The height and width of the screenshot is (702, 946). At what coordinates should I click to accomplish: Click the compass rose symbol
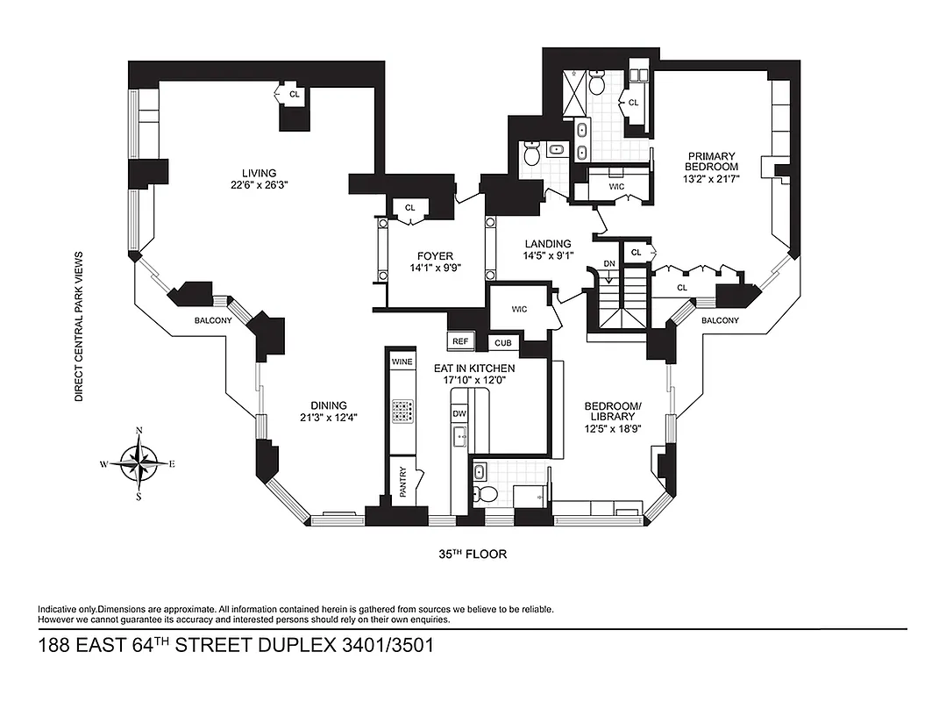tap(139, 462)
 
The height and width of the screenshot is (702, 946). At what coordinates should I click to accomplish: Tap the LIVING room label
tap(260, 173)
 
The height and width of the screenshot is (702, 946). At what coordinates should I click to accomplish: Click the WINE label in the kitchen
tap(402, 362)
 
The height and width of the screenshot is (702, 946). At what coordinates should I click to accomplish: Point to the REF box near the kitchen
tap(459, 341)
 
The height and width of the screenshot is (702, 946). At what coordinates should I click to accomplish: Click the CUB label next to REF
tap(503, 343)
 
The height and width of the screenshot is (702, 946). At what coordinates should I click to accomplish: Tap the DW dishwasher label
tap(459, 413)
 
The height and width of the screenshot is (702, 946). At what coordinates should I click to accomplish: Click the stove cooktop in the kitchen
tap(402, 411)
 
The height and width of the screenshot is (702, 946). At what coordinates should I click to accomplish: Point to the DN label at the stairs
tap(609, 264)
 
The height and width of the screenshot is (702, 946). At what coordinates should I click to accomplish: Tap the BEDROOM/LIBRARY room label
tap(614, 411)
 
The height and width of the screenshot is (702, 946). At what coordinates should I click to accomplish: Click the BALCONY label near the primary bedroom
tap(720, 320)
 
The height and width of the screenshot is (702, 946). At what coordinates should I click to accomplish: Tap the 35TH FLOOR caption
tap(473, 555)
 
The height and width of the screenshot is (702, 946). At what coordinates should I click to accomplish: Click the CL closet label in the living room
tap(294, 92)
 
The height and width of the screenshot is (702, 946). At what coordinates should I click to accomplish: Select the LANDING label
tap(548, 244)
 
